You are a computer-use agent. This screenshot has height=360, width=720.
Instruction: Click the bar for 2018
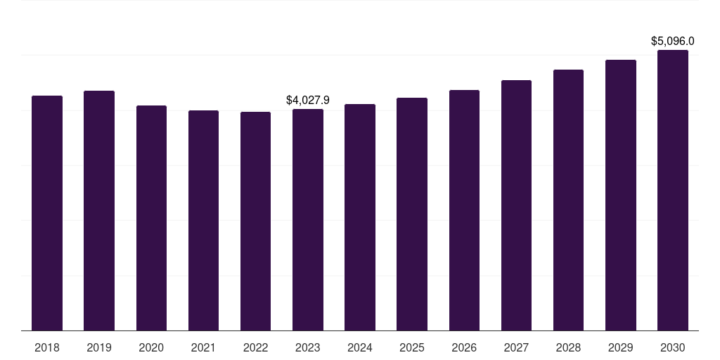click(x=47, y=213)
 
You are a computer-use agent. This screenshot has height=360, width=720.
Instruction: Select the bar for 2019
click(x=99, y=210)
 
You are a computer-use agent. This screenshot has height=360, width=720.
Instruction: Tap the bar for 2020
click(x=151, y=218)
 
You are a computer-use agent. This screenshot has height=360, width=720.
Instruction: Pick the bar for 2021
click(x=203, y=220)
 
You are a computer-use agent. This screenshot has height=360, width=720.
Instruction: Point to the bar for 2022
click(x=255, y=221)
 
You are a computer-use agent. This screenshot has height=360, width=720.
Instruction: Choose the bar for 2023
click(x=308, y=219)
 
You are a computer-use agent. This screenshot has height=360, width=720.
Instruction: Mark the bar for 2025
click(x=412, y=214)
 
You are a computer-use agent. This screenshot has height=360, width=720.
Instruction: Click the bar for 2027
click(x=516, y=205)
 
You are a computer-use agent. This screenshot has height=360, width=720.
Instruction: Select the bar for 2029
click(x=621, y=195)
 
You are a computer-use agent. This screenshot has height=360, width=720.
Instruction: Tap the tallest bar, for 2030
click(x=673, y=190)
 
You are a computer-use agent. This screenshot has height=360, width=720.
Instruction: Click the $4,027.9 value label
click(x=308, y=101)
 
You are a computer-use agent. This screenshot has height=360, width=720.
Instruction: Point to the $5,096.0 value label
click(x=673, y=41)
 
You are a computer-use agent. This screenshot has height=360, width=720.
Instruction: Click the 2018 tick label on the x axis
click(x=47, y=347)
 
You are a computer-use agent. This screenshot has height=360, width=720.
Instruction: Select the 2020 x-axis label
click(x=151, y=347)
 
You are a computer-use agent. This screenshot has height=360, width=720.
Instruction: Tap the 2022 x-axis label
click(x=255, y=347)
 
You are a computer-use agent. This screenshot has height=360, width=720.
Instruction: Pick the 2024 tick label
click(x=360, y=347)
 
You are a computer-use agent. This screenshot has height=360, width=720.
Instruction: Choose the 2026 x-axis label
click(x=464, y=347)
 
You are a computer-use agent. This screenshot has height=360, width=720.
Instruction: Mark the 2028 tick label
click(x=568, y=347)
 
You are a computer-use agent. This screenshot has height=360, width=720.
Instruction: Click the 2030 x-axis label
click(x=673, y=347)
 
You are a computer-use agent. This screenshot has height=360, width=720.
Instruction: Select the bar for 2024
click(x=360, y=217)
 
